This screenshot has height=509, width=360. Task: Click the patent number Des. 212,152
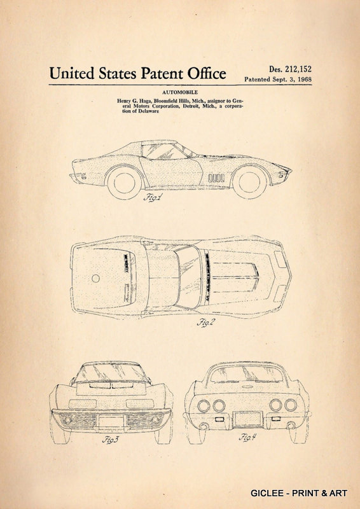[290, 69]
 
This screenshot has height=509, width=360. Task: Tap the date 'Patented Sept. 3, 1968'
[278, 79]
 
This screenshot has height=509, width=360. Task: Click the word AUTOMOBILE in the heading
[180, 92]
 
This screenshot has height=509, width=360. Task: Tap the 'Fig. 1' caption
[151, 197]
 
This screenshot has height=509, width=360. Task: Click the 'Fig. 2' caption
[206, 323]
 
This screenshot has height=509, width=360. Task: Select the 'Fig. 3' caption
[111, 440]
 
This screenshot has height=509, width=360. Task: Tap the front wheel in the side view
[249, 182]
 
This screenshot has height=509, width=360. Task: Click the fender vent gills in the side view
[216, 178]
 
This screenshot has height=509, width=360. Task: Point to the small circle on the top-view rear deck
[95, 278]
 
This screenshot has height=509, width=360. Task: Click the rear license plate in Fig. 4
[248, 419]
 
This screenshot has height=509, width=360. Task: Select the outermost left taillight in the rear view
[204, 406]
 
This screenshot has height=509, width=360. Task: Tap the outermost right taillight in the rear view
[291, 405]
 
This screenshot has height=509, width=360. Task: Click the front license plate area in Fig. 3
[111, 421]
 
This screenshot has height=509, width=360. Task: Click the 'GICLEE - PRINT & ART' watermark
[299, 492]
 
